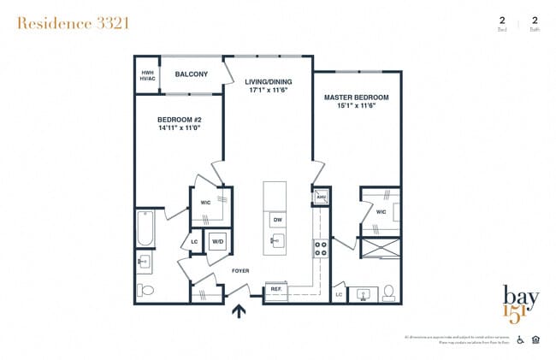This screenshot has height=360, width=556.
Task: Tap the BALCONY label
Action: (x=192, y=74)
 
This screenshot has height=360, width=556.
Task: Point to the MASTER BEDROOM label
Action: (x=356, y=97)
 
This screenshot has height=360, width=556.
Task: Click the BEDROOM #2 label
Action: (x=178, y=120)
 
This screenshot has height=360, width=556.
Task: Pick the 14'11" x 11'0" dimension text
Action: (x=178, y=128)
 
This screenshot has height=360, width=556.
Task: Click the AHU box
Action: (x=322, y=198)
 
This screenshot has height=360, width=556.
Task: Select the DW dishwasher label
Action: (x=277, y=220)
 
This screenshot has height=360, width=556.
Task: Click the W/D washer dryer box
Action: (x=217, y=240)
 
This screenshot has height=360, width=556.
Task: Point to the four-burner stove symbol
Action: (x=322, y=249)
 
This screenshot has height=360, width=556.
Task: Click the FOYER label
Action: (x=240, y=271)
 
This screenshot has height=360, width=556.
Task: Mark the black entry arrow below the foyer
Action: (x=240, y=310)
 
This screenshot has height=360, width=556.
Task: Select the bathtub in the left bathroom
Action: (x=145, y=228)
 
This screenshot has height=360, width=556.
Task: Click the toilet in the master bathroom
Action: (x=387, y=292)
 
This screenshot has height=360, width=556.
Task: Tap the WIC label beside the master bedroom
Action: (x=381, y=210)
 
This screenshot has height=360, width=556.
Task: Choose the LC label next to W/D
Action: (x=195, y=240)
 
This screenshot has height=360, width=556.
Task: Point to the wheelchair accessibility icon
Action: (x=521, y=339)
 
